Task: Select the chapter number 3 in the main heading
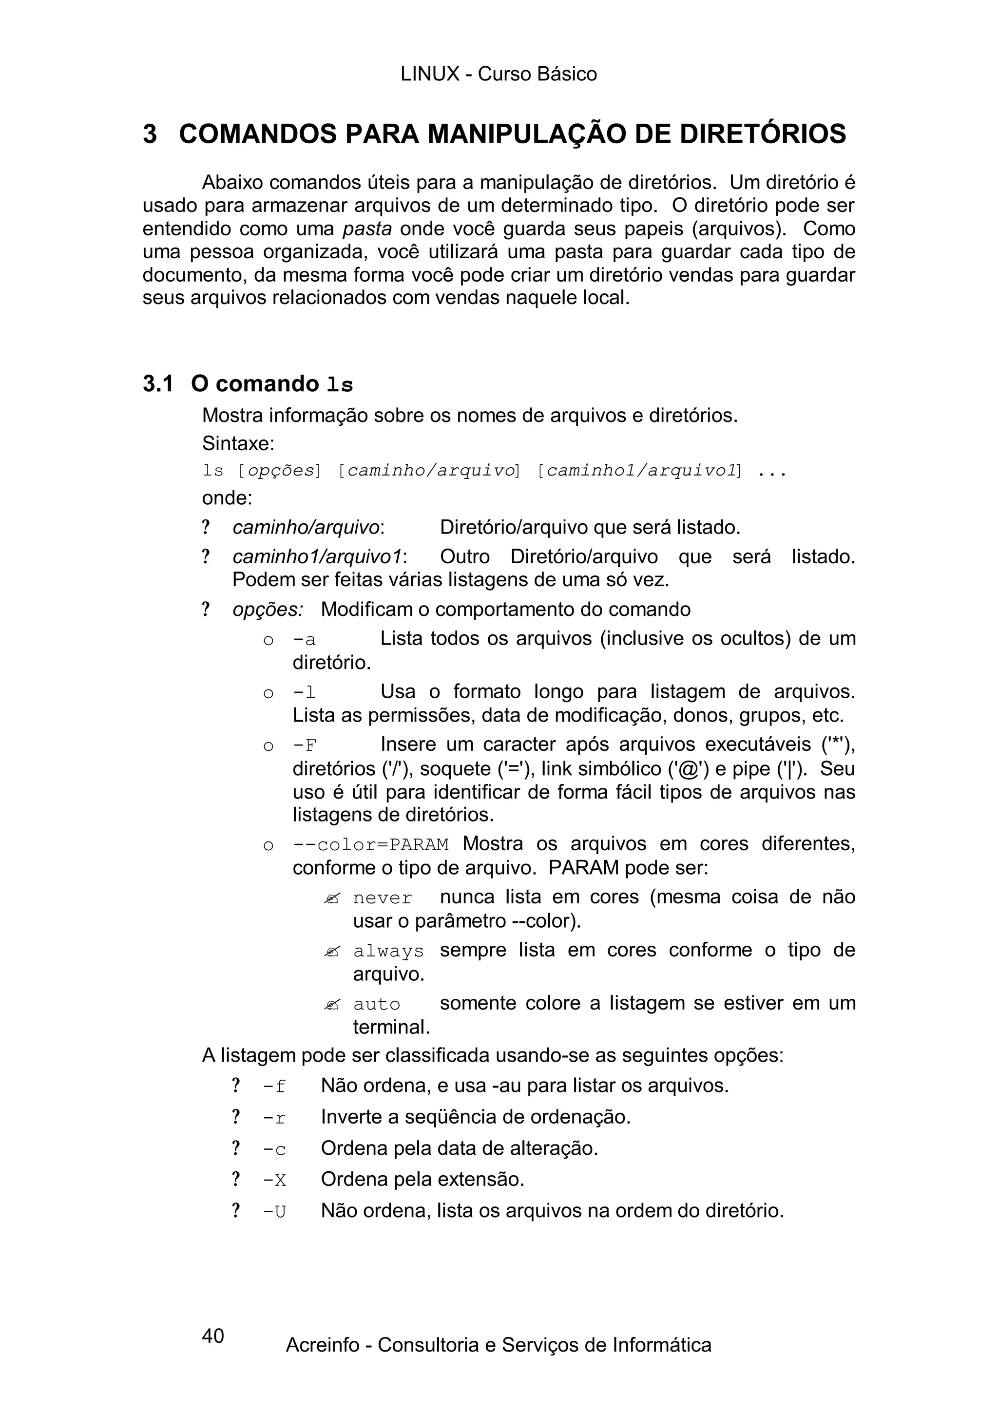(x=150, y=134)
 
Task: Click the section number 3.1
(x=157, y=384)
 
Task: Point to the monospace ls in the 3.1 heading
(x=340, y=385)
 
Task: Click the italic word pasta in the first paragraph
(x=367, y=229)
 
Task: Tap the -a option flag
(x=305, y=640)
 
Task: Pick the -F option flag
(x=305, y=746)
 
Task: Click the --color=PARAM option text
(x=371, y=845)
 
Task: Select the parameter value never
(x=383, y=898)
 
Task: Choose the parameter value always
(x=388, y=952)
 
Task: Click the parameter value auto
(x=376, y=1004)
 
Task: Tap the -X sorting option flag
(x=274, y=1180)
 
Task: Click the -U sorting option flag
(x=274, y=1212)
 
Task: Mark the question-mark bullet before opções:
(x=206, y=610)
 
